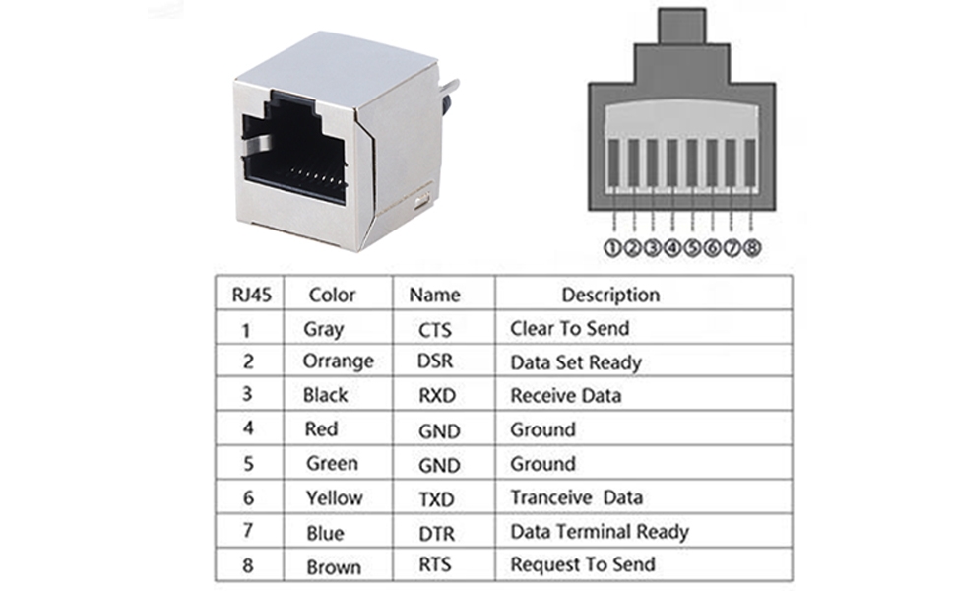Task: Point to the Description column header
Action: (x=610, y=295)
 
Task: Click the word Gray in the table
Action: (x=324, y=330)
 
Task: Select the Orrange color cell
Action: (x=338, y=361)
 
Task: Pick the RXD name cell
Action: (x=436, y=396)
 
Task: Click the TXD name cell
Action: (x=436, y=499)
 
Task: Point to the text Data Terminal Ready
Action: (x=599, y=532)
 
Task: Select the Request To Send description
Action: (x=582, y=565)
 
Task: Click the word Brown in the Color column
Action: (x=333, y=567)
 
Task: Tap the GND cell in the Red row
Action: (x=438, y=430)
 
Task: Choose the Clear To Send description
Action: (x=569, y=329)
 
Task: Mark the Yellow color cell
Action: (x=334, y=498)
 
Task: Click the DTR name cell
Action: (x=436, y=533)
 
